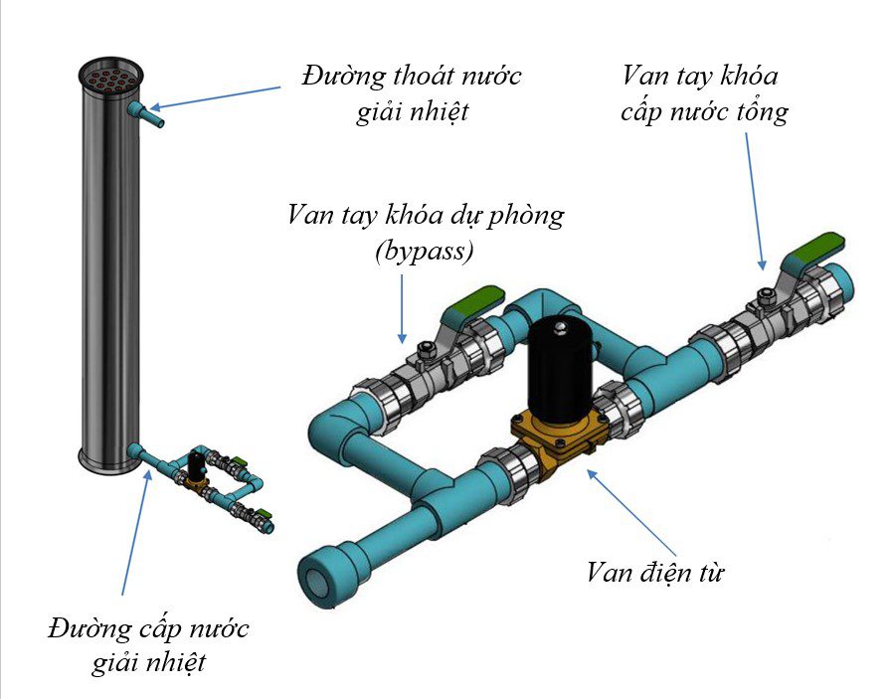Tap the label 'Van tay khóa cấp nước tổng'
click(x=703, y=93)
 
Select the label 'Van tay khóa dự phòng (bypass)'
click(x=425, y=232)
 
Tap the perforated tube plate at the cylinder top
click(x=111, y=75)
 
